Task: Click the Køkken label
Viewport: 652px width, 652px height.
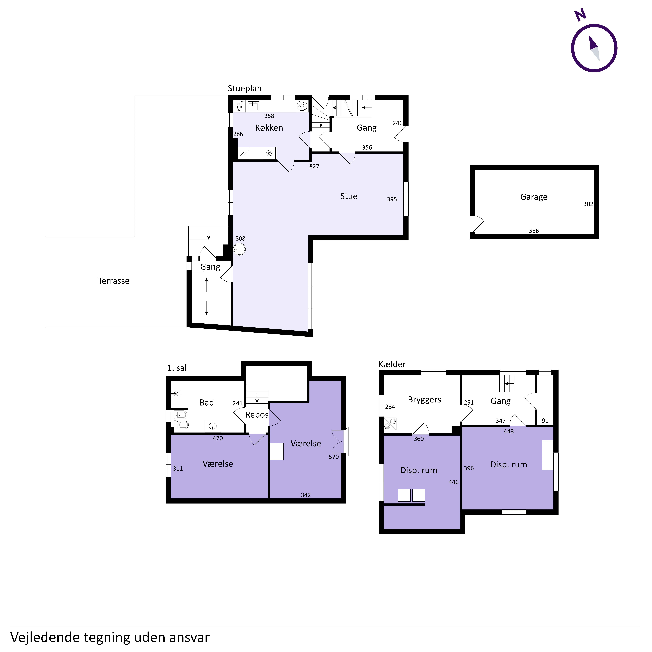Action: [269, 128]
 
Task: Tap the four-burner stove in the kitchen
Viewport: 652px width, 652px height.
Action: [302, 106]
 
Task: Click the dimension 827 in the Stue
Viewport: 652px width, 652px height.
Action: [314, 166]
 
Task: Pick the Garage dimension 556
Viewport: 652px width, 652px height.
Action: [534, 231]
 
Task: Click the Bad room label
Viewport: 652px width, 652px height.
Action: [207, 403]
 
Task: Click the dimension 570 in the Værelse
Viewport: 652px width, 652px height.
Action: [334, 457]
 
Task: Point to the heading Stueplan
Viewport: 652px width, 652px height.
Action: [245, 88]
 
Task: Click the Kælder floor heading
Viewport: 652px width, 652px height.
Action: [392, 364]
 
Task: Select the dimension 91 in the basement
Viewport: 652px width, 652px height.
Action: [545, 421]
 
